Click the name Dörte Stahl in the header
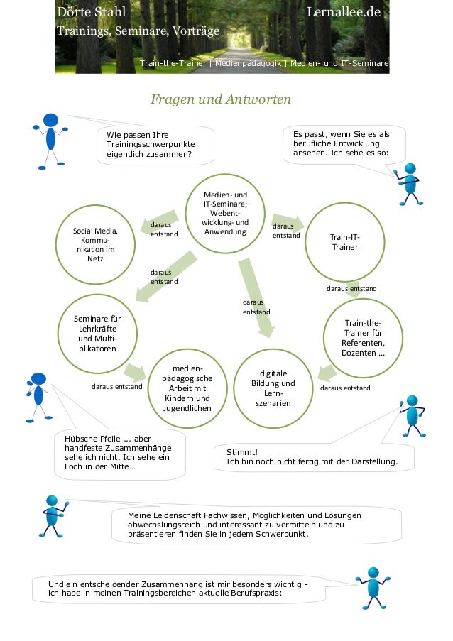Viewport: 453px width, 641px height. pos(92,12)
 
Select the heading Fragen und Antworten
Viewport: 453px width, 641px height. pos(221,99)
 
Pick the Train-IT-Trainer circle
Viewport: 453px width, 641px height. pos(345,242)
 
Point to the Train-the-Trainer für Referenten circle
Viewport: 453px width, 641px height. pos(363,338)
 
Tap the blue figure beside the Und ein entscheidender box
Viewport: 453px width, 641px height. pos(373,588)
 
